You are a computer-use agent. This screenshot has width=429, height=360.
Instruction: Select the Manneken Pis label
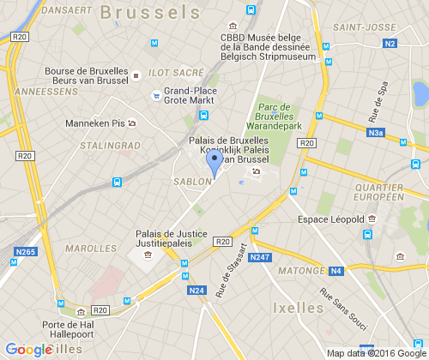tap(94, 123)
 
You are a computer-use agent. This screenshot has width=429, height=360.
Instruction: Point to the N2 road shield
tap(390, 43)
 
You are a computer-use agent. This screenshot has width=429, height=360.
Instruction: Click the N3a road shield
tap(376, 133)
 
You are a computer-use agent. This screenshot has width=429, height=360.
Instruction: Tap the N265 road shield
tap(25, 250)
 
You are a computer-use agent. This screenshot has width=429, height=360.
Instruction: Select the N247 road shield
tap(259, 257)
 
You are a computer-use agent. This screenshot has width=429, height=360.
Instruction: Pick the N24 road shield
tap(196, 291)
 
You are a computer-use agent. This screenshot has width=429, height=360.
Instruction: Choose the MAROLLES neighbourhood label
tap(90, 249)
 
